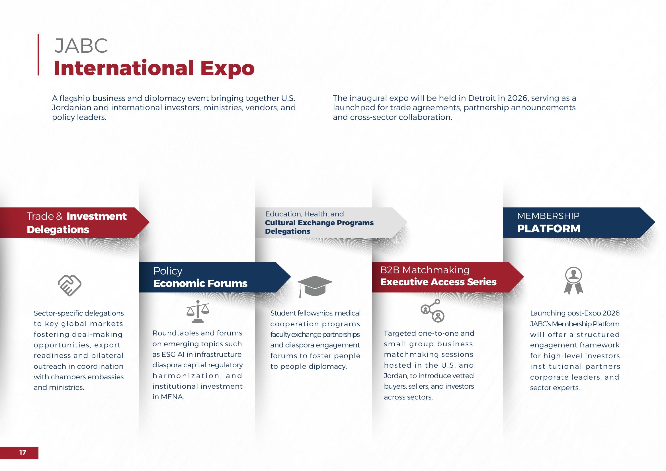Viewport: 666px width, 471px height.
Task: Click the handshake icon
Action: pyautogui.click(x=69, y=285)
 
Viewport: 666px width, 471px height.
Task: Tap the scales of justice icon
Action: pyautogui.click(x=198, y=312)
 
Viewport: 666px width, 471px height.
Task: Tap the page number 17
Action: pyautogui.click(x=22, y=452)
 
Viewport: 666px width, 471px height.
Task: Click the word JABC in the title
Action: pyautogui.click(x=81, y=46)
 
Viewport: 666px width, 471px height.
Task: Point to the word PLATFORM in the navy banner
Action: pyautogui.click(x=548, y=229)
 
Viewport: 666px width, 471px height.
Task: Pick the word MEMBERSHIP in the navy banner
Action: pyautogui.click(x=548, y=216)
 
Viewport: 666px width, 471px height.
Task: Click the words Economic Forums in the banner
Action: pyautogui.click(x=200, y=283)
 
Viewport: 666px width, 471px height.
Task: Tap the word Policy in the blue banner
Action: pyautogui.click(x=168, y=271)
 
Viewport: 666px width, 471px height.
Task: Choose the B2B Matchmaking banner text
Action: pyautogui.click(x=425, y=270)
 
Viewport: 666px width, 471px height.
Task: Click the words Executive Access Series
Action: pyautogui.click(x=438, y=282)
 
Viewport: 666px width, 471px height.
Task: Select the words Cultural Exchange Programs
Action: pyautogui.click(x=319, y=223)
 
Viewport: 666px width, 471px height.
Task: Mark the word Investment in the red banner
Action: pyautogui.click(x=96, y=216)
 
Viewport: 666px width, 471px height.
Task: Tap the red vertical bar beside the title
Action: pyautogui.click(x=38, y=55)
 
